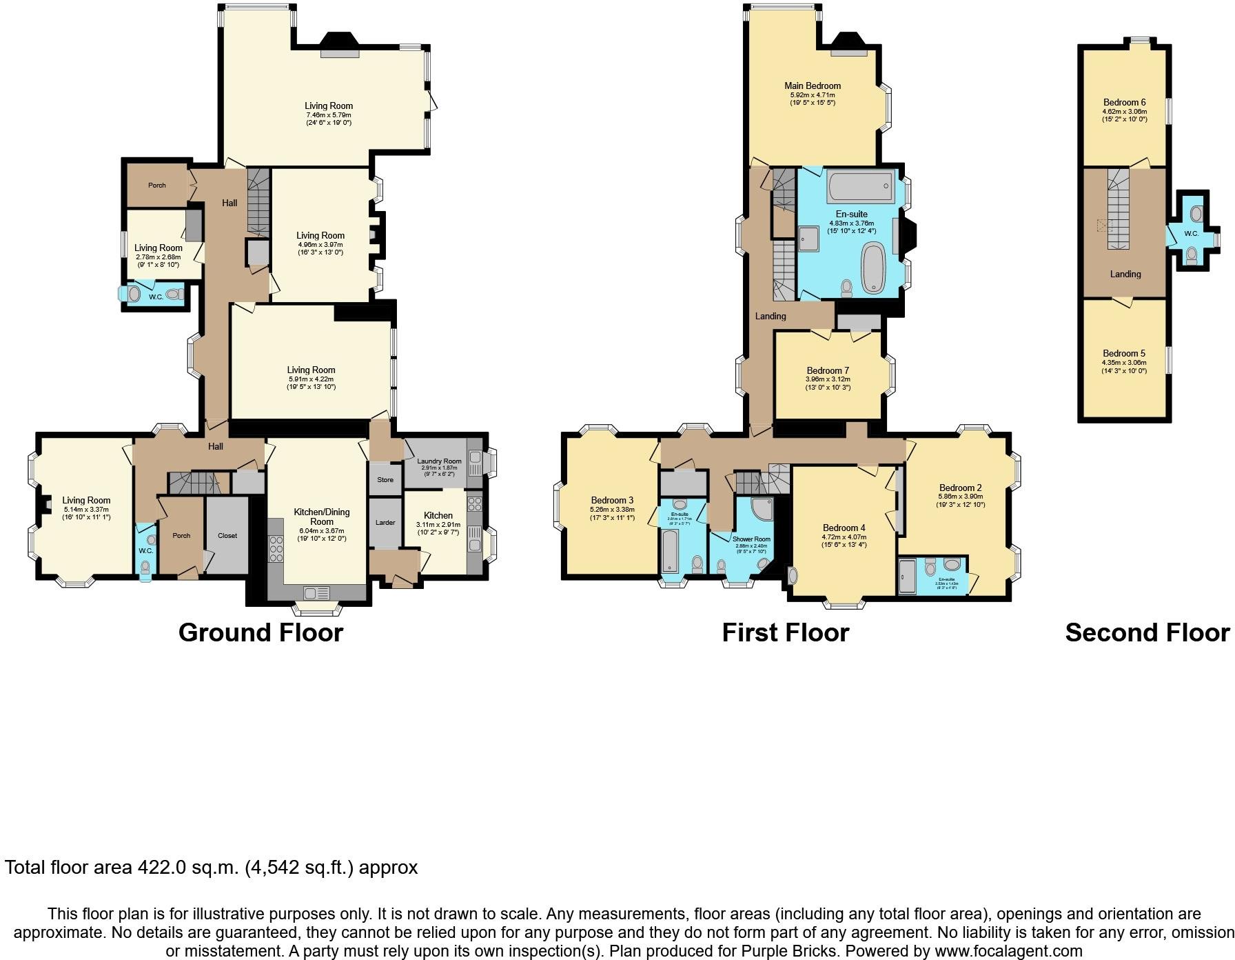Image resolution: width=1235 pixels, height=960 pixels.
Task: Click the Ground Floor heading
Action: click(x=261, y=632)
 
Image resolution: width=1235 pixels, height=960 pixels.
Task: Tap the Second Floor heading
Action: click(x=1147, y=632)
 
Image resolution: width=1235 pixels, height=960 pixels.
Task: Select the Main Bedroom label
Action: click(x=813, y=86)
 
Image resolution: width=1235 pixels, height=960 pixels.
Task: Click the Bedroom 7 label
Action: click(x=828, y=370)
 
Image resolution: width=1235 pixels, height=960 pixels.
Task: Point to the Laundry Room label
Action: click(x=439, y=461)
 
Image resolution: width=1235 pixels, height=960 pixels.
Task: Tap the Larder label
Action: click(x=385, y=522)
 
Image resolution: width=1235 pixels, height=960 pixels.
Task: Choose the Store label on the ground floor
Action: click(x=385, y=479)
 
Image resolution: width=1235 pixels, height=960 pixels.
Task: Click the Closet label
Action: click(x=227, y=535)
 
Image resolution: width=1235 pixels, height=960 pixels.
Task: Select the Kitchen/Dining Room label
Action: click(x=322, y=517)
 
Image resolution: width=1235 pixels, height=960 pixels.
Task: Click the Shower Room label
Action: click(x=751, y=539)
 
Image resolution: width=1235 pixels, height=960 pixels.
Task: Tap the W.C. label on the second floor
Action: click(x=1192, y=234)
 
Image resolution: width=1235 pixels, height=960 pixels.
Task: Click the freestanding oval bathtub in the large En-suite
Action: click(x=873, y=268)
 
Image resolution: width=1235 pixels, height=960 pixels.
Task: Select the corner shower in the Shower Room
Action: click(x=762, y=509)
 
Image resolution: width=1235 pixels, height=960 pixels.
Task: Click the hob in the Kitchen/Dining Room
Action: click(x=276, y=550)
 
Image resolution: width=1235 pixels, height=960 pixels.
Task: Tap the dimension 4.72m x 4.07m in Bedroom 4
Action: click(x=844, y=537)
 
